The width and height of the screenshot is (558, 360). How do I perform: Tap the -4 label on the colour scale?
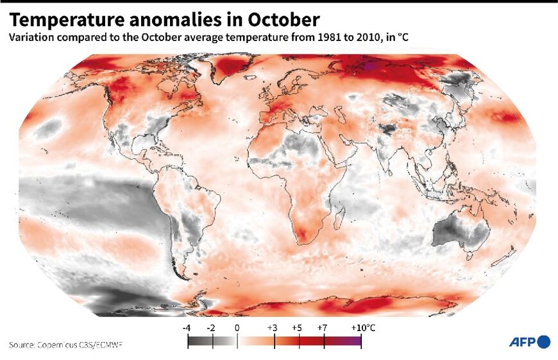[187, 328]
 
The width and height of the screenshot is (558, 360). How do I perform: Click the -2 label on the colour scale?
[212, 328]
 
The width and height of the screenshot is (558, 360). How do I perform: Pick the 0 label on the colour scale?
[237, 328]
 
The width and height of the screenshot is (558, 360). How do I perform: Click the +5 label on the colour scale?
[297, 328]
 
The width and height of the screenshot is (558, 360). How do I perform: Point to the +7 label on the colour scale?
[323, 328]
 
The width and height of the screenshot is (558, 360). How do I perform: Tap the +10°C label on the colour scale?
[362, 328]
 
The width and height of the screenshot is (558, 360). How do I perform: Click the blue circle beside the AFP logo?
[544, 342]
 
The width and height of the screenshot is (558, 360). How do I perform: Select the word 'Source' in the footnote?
[22, 345]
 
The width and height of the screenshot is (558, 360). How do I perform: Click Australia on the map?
[459, 231]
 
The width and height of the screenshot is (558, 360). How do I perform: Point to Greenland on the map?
[237, 68]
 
